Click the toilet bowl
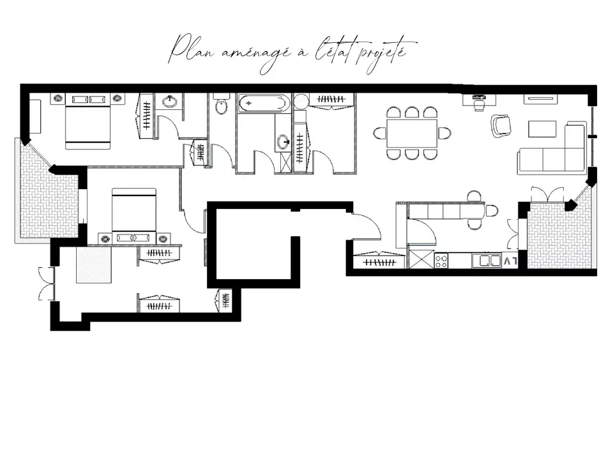click(x=221, y=105)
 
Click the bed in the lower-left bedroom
click(x=133, y=210)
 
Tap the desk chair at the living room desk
click(x=478, y=105)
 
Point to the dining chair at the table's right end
click(x=444, y=133)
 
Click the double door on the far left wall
click(x=46, y=284)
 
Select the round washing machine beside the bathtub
click(x=301, y=101)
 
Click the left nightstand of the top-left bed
click(x=58, y=98)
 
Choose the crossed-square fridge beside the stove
click(x=420, y=260)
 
